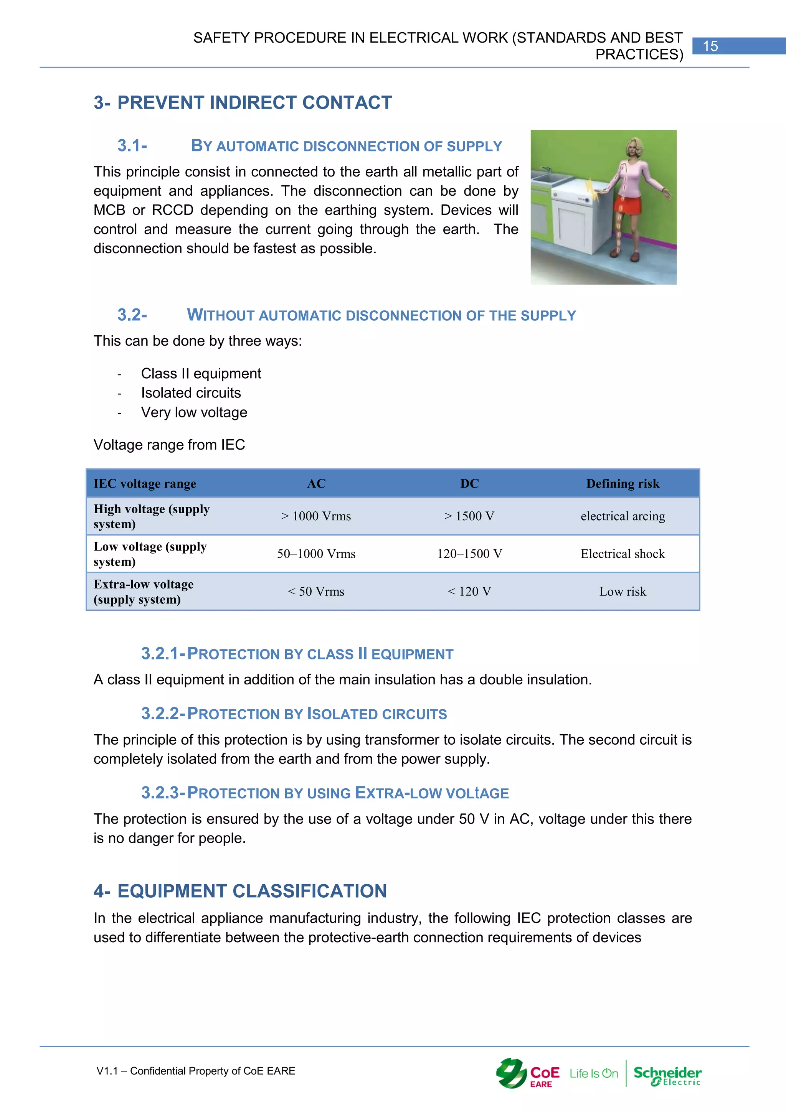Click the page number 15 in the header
coord(710,46)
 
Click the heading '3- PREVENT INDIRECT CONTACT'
coord(243,102)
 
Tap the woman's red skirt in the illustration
coord(629,203)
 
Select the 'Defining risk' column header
coord(623,483)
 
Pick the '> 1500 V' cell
coord(469,516)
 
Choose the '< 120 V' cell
coord(469,591)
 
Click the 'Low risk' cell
coord(623,591)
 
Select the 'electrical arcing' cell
coord(623,516)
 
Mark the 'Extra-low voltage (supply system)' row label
coord(144,591)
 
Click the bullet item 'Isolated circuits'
coord(191,393)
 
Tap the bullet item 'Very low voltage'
coord(194,412)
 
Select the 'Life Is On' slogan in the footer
coord(593,1074)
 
